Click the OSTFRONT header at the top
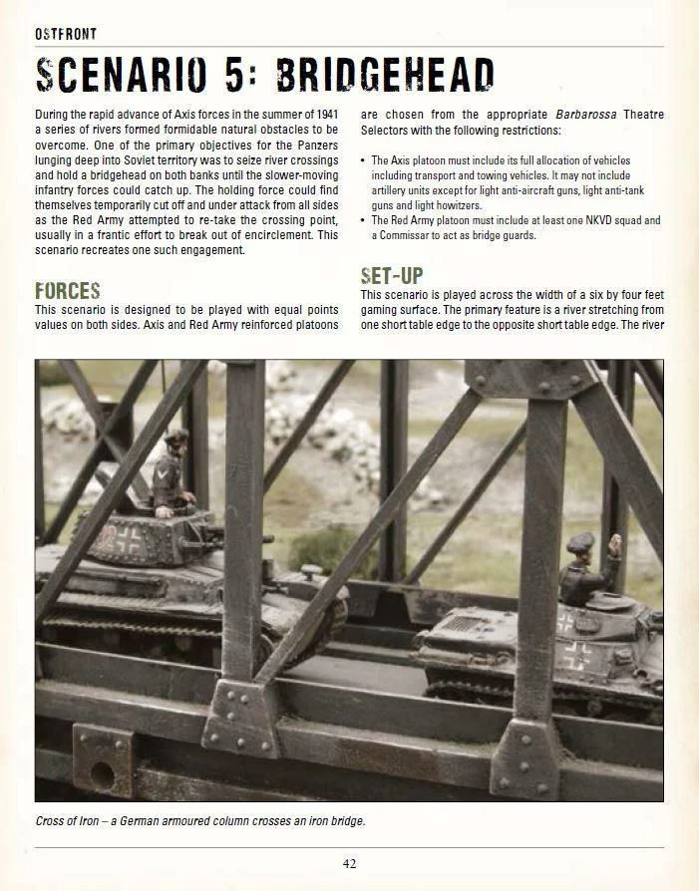click(66, 34)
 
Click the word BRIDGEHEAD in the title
click(386, 77)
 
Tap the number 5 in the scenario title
click(232, 77)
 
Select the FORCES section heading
click(68, 291)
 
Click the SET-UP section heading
click(392, 275)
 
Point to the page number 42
click(349, 863)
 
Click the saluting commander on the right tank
click(588, 568)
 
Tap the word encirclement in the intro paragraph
click(273, 235)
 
